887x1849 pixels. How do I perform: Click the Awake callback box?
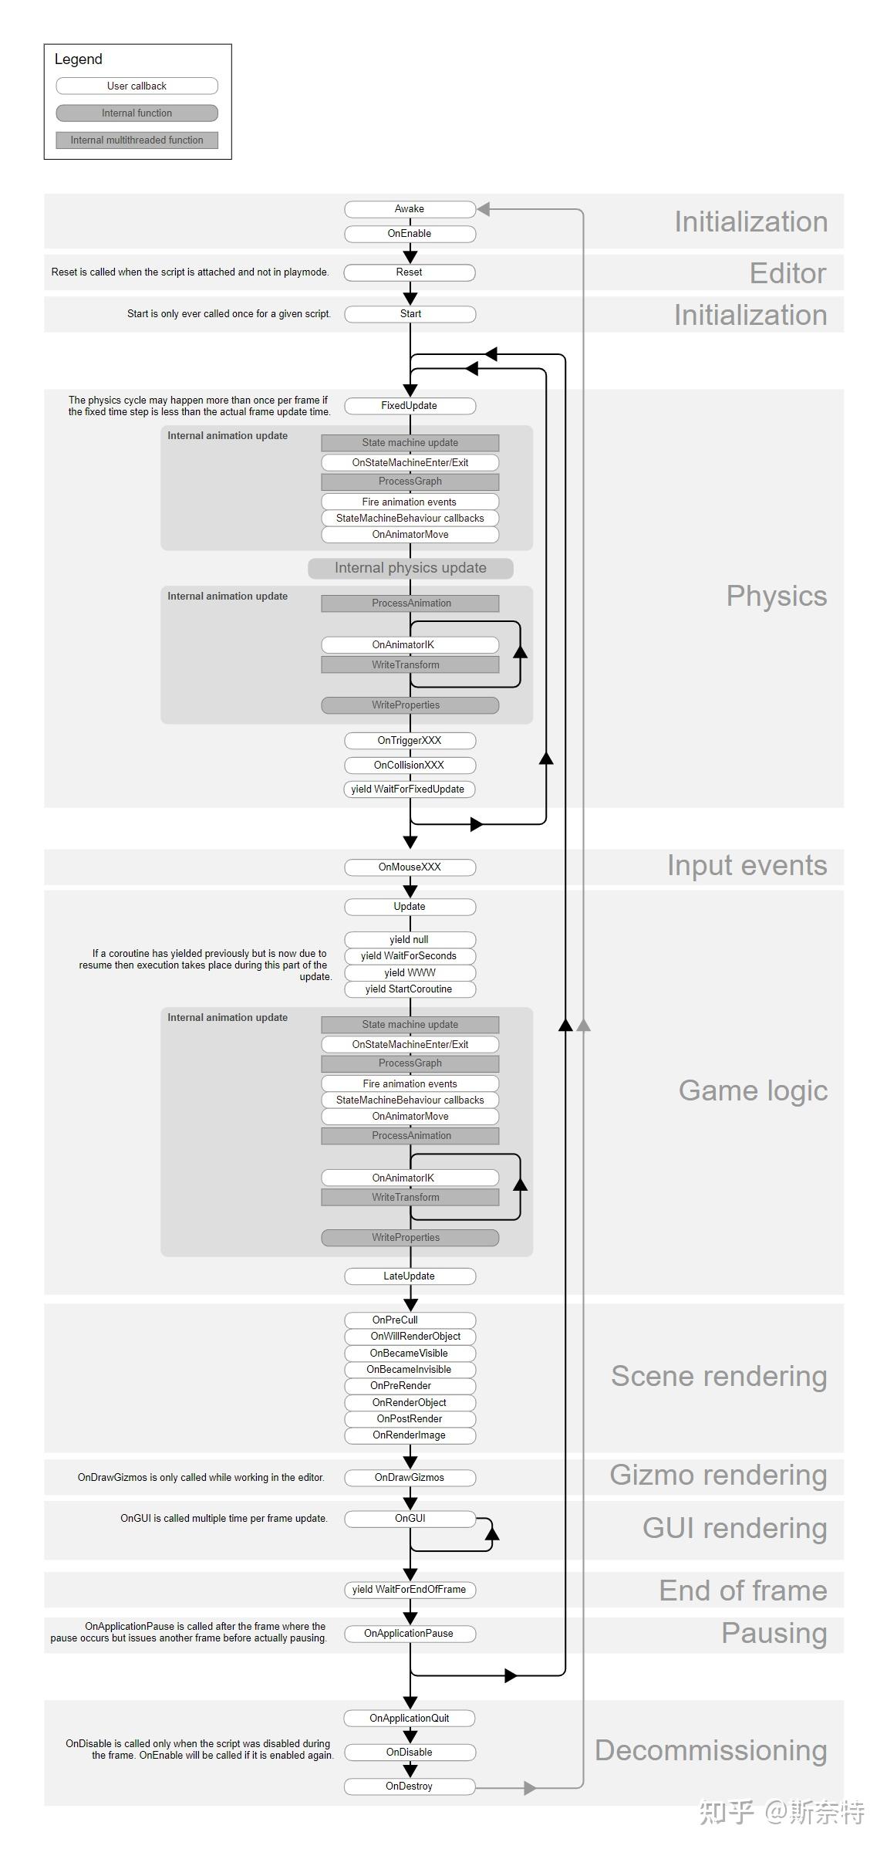pos(410,209)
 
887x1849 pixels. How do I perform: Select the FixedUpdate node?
pos(410,406)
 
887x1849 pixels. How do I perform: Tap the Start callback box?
pos(410,314)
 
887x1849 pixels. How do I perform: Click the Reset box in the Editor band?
pos(410,272)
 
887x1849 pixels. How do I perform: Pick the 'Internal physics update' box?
pos(410,569)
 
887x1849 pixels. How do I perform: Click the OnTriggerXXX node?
pos(410,741)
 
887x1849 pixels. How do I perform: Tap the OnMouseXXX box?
pos(410,867)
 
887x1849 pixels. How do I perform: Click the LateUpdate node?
pos(410,1276)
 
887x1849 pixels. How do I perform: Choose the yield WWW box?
pos(410,973)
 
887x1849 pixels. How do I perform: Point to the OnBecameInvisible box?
pos(410,1370)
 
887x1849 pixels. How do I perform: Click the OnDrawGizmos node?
pos(410,1478)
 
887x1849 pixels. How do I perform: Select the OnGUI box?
pos(410,1519)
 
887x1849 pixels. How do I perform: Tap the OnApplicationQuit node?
pos(410,1719)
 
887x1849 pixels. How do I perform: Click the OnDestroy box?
pos(410,1786)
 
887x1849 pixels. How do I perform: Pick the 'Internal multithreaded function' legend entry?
pos(137,140)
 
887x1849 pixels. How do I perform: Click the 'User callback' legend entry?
pos(137,86)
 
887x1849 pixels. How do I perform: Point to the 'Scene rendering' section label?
pos(719,1377)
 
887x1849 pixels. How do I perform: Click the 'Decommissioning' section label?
pos(711,1751)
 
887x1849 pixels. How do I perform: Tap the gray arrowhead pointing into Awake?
pos(484,209)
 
